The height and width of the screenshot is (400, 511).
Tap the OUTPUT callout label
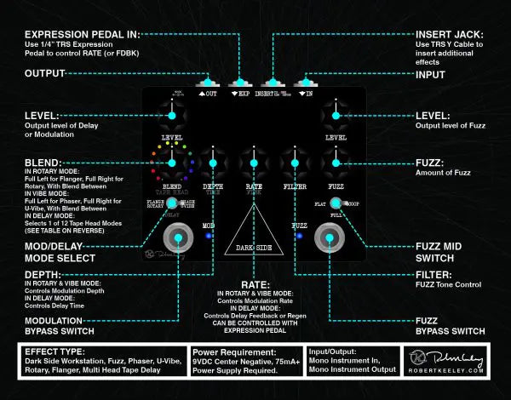tap(46, 73)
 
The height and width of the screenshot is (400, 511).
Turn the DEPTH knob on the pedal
tap(212, 161)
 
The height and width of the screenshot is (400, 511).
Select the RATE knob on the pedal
tap(253, 161)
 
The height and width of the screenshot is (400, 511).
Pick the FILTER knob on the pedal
tap(295, 161)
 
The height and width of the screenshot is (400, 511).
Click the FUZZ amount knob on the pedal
tap(336, 161)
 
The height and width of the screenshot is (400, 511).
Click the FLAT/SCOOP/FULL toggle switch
tap(336, 203)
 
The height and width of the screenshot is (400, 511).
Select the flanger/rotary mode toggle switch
tap(171, 203)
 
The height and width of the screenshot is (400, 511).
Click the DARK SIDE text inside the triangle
tap(253, 249)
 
